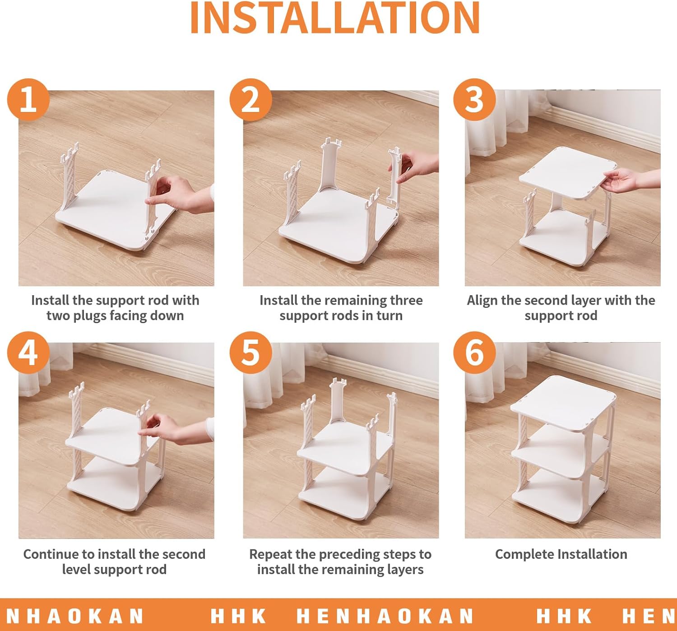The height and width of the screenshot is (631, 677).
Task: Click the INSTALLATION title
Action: (335, 18)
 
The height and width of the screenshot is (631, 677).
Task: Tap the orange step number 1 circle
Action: (28, 100)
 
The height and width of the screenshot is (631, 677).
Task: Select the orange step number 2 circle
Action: (250, 100)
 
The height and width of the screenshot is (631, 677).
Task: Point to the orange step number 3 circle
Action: (474, 100)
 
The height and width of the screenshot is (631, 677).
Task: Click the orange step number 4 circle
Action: (28, 353)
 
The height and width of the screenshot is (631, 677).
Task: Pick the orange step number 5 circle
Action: (250, 353)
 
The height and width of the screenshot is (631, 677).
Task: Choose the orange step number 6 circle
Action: (474, 353)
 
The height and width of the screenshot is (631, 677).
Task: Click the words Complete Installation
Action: (561, 554)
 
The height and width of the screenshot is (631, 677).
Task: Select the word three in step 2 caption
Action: (404, 301)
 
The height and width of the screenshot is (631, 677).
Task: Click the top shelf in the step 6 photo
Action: (563, 404)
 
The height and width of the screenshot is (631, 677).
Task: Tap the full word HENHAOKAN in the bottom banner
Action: (385, 616)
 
